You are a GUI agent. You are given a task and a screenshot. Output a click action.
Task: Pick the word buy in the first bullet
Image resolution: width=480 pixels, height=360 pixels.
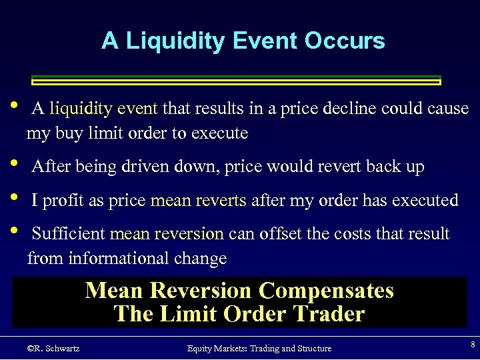click(x=67, y=133)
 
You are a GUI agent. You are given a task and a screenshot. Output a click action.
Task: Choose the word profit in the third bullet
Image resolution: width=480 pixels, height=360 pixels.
click(x=62, y=200)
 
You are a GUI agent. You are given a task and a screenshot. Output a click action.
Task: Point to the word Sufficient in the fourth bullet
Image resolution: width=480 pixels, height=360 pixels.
click(x=69, y=234)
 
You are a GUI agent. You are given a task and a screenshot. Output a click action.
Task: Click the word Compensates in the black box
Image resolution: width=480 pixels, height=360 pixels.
click(x=326, y=291)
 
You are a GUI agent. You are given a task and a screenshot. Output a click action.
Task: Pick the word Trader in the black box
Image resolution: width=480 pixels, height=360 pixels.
click(x=326, y=314)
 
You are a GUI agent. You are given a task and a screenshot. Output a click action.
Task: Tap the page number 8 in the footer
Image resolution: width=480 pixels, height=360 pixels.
click(x=473, y=345)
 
